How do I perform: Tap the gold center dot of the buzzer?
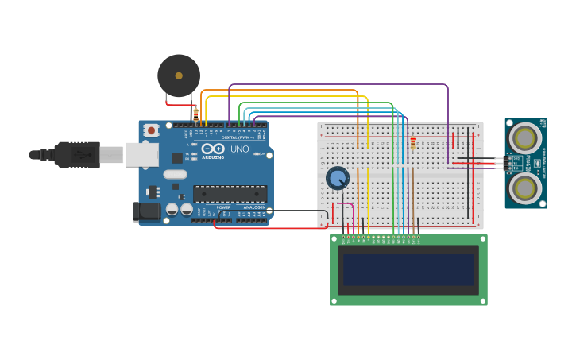[179, 75]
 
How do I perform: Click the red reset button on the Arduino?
[151, 130]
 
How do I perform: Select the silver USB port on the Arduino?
[141, 155]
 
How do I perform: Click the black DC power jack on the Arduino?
[145, 211]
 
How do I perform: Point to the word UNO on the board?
[239, 149]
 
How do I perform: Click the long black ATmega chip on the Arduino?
[230, 193]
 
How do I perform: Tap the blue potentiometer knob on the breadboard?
[338, 177]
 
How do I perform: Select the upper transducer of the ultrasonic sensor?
[524, 138]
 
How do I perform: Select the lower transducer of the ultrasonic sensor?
[524, 188]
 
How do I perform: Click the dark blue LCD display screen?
[408, 269]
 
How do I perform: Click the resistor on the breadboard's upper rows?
[413, 143]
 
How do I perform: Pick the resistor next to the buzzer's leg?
[195, 114]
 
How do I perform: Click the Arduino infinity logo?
[212, 149]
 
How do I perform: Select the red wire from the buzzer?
[179, 104]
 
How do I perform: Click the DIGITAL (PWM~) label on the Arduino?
[238, 137]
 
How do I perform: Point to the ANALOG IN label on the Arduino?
[254, 207]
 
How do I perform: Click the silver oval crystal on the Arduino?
[176, 174]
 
